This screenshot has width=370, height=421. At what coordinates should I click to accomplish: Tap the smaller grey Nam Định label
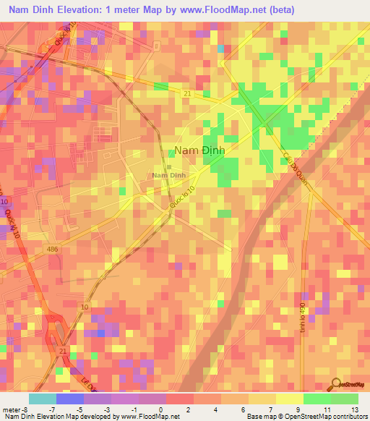[170, 175]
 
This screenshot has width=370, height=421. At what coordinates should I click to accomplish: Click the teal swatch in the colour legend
[43, 399]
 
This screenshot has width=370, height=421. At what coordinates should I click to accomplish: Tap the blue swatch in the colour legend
[69, 399]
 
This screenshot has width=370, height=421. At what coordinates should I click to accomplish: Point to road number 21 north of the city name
[186, 94]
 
